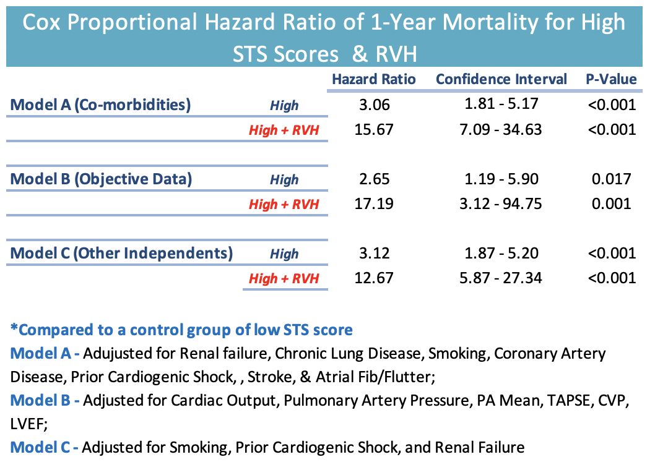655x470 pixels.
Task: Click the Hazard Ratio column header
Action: point(374,79)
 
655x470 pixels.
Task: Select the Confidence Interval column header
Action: point(501,79)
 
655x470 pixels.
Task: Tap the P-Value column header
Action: point(611,79)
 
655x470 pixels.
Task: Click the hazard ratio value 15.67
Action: point(374,130)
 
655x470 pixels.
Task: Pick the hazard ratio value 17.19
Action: point(374,204)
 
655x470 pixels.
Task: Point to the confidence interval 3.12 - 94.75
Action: point(503,204)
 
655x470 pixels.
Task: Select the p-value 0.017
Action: point(611,179)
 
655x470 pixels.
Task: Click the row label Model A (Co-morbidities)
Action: point(100,105)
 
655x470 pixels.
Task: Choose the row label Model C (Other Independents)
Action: point(122,253)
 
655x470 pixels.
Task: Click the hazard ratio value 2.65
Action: point(374,179)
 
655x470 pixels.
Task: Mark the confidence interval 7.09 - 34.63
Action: point(503,130)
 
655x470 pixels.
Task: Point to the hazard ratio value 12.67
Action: point(374,278)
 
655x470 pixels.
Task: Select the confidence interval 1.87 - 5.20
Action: point(503,253)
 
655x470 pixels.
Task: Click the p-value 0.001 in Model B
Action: point(611,204)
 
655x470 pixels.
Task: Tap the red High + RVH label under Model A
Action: point(284,130)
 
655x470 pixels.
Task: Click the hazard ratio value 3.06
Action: point(374,105)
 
